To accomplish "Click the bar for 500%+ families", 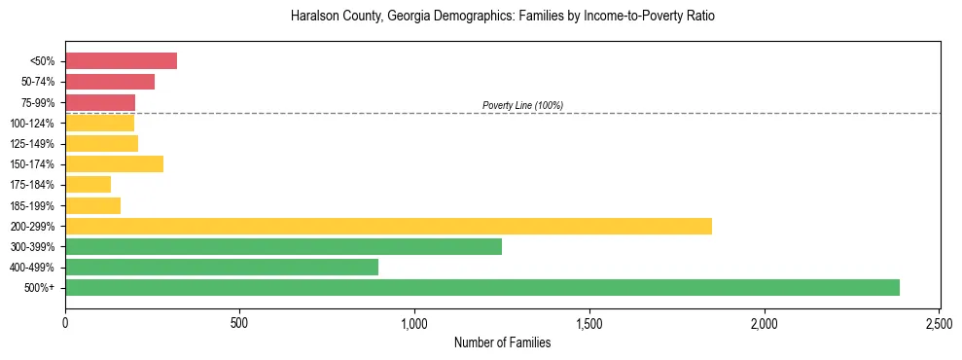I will [481, 288].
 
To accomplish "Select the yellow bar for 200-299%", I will [388, 226].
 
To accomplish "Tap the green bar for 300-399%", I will [283, 247].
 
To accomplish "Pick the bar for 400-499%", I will [222, 268].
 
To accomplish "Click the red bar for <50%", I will [121, 61].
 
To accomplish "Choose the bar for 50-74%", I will [110, 82].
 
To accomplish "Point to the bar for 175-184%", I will [88, 185].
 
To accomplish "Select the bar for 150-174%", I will [114, 164].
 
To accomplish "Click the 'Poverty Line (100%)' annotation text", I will [522, 105].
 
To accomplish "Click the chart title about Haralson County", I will [502, 17].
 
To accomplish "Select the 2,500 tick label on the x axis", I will [939, 322].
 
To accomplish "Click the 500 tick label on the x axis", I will [239, 322].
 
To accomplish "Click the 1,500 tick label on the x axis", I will [589, 322].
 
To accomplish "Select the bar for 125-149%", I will [101, 144].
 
